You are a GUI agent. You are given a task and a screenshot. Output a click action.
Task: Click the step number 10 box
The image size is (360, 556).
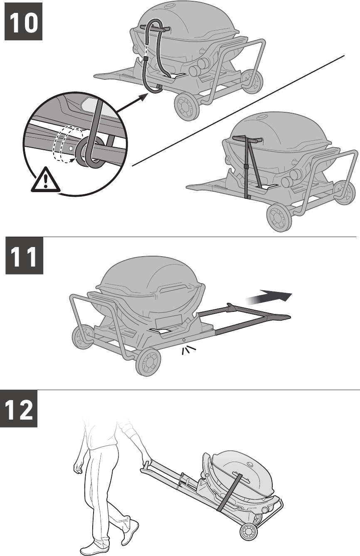[x=24, y=21]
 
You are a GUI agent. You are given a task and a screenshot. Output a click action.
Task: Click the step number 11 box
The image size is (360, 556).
[x=24, y=255]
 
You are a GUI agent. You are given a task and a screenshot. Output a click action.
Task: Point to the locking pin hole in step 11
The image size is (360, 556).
[x=184, y=340]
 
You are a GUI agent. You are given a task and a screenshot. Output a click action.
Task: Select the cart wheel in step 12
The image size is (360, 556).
[x=249, y=532]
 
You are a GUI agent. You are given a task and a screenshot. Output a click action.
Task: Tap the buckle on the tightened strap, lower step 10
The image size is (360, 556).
[x=246, y=167]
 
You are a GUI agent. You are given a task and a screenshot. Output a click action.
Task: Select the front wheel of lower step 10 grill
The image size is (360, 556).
[x=277, y=216]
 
